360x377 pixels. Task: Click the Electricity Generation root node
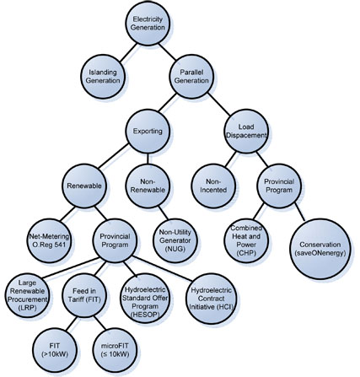[x=148, y=24]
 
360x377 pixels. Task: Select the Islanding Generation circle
[x=103, y=77]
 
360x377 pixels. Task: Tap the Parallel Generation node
[x=191, y=77]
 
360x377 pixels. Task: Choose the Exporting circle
[x=148, y=132]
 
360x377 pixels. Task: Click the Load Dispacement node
[x=246, y=132]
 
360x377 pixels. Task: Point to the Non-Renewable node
[x=148, y=186]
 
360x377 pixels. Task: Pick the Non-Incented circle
[x=214, y=186]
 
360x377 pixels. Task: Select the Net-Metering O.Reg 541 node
[x=49, y=240]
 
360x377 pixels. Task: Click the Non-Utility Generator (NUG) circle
[x=175, y=240]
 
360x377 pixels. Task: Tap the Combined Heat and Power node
[x=246, y=240]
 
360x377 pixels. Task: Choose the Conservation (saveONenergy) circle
[x=320, y=249]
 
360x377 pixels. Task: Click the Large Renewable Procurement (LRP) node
[x=28, y=295]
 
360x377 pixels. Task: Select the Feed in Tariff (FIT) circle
[x=84, y=295]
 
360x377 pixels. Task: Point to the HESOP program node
[x=145, y=298]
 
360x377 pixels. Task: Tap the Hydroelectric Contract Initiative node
[x=212, y=299]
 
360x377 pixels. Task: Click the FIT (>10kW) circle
[x=55, y=350]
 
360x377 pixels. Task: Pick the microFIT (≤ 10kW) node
[x=115, y=350]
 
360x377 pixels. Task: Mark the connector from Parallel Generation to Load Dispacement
[x=219, y=104]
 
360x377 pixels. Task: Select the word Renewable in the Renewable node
[x=84, y=186]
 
